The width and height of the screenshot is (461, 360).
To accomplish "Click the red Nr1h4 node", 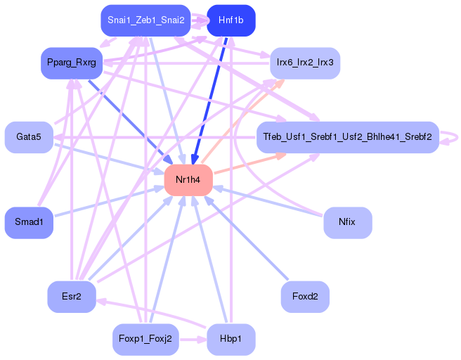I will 188,180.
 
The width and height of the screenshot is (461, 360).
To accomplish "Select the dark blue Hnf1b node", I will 230,20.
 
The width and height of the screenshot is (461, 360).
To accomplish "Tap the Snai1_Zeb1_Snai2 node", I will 145,20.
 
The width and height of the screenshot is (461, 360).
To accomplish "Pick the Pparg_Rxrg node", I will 72,64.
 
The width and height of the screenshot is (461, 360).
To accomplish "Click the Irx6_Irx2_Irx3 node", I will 305,63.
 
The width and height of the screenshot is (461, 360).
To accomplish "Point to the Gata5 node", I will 29,137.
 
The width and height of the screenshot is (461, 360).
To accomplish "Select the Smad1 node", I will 29,222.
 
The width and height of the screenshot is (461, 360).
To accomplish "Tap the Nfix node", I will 347,222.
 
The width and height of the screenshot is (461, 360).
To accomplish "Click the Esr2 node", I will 72,297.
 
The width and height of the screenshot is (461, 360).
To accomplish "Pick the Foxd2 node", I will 305,297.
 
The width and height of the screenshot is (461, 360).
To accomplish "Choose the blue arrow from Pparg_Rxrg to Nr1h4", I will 130,122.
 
